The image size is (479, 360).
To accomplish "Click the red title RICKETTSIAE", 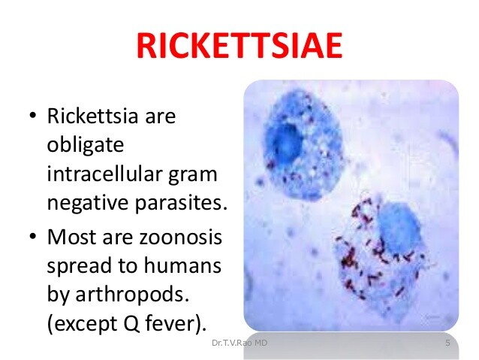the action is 239,46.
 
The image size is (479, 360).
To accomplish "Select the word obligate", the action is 86,146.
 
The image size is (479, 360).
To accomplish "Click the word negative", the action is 88,203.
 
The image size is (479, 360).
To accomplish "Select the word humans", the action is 182,265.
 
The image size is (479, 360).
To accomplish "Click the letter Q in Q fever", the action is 131,324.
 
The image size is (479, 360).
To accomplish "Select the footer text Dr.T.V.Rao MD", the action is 239,343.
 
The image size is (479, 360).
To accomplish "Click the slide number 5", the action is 447,343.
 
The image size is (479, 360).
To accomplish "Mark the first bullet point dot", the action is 33,116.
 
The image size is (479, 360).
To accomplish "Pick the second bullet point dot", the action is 33,237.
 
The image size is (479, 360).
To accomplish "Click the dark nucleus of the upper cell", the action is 285,141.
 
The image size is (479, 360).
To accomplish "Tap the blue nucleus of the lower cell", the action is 398,228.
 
